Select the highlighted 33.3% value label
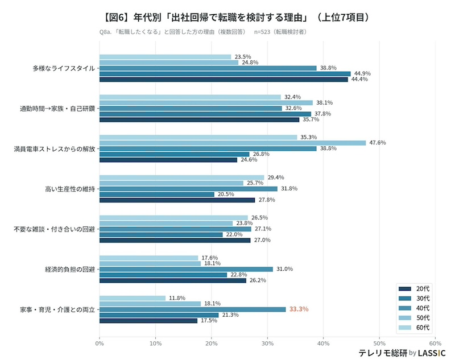299,309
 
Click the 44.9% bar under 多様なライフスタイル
225,74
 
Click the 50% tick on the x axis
379,343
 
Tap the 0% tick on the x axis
100,343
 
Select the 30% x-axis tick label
267,343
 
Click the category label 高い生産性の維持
69,189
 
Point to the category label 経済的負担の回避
69,269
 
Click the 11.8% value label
177,298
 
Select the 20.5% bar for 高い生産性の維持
156,195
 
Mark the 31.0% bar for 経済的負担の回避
186,269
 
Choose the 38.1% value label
324,103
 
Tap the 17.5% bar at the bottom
148,321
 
